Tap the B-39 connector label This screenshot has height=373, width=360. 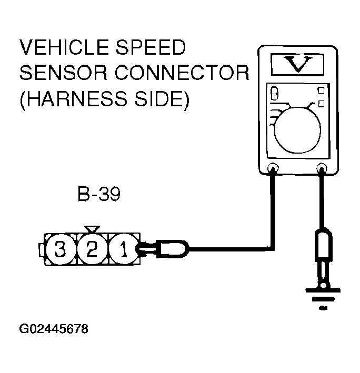(x=99, y=196)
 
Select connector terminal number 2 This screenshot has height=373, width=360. (x=92, y=249)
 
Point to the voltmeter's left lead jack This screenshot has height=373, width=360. (x=273, y=169)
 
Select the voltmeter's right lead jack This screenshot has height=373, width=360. (x=321, y=169)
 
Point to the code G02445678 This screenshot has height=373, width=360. (x=53, y=330)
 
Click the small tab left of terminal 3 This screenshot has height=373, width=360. (x=42, y=249)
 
